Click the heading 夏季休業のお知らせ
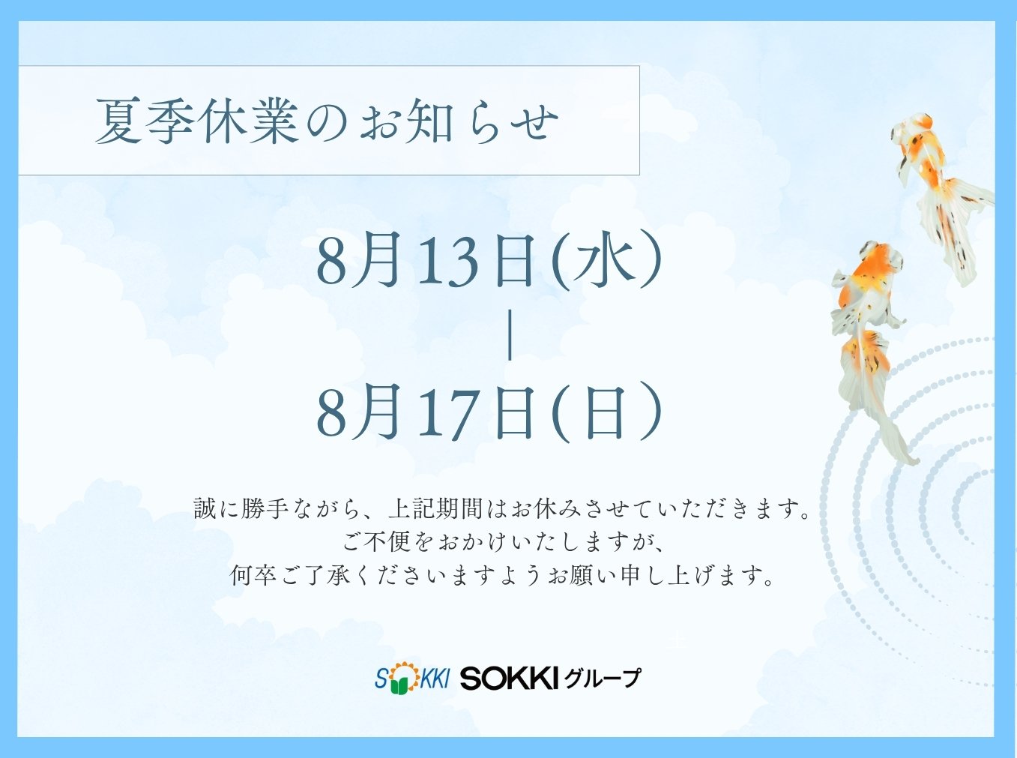[327, 121]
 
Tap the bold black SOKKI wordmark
[508, 679]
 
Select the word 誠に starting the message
[216, 508]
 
